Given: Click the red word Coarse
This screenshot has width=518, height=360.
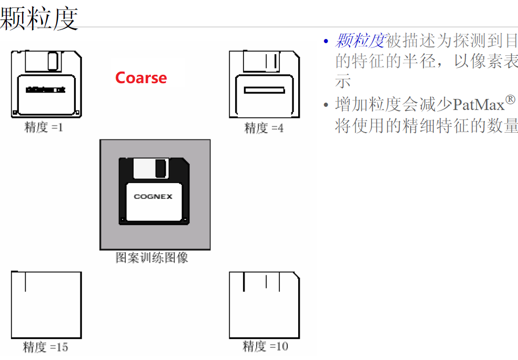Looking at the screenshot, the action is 141,78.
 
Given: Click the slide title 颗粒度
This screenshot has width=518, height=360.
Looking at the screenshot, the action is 39,18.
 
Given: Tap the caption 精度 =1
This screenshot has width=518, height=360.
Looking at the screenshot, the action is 44,127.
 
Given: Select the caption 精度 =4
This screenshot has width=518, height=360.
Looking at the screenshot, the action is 263,128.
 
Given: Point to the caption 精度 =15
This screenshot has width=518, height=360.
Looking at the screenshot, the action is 45,347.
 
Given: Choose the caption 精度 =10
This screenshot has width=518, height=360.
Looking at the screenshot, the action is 265,346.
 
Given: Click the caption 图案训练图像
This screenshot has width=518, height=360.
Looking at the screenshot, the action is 152,258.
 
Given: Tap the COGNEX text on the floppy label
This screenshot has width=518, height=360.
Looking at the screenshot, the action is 153,197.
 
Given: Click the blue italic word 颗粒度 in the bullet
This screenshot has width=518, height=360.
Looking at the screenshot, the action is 360,40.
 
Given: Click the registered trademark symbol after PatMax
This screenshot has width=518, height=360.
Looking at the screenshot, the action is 510,99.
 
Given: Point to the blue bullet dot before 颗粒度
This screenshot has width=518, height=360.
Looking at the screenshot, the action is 326,41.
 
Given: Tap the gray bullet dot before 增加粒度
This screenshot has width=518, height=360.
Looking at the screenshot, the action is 326,105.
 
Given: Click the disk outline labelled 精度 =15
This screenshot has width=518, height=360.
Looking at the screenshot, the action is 46,305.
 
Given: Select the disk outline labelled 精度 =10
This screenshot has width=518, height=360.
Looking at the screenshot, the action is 265,305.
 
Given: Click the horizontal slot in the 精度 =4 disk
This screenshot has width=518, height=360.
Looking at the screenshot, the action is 264,90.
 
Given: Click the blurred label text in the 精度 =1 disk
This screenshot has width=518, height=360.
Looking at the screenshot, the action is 46,90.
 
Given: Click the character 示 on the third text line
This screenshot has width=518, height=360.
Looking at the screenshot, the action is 343,82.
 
